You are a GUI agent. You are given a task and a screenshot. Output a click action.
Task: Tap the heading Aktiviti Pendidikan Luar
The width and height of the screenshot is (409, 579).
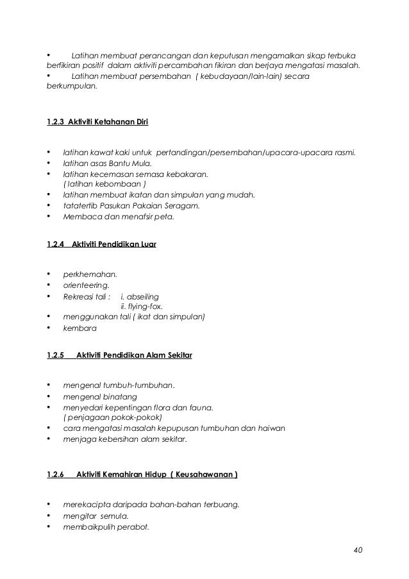115,244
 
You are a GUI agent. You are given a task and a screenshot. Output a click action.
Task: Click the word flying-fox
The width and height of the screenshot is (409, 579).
142,306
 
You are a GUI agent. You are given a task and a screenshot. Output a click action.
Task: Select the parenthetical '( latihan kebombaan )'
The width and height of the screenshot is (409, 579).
103,185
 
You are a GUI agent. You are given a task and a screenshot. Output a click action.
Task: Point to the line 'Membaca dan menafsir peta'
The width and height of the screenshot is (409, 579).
119,217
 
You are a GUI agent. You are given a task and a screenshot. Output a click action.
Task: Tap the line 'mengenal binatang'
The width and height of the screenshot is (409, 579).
99,396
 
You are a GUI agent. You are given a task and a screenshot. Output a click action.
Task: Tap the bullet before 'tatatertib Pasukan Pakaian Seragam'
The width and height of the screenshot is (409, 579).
49,206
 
